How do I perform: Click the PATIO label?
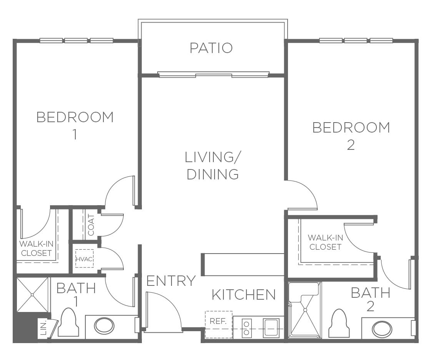pos(211,48)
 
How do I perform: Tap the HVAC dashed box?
pos(85,259)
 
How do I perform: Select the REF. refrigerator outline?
pos(219,324)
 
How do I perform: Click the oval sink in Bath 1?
pos(104,326)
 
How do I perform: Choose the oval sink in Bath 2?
pos(382,329)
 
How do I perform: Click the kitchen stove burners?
pos(247,328)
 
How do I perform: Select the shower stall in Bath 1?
pos(32,295)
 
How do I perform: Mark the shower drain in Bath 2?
pos(305,310)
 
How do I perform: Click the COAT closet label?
pos(91,225)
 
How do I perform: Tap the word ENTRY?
pos(171,281)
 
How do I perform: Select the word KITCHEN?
pos(244,295)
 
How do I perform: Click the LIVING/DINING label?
pos(212,166)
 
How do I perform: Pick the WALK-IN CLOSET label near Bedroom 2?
pos(325,242)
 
